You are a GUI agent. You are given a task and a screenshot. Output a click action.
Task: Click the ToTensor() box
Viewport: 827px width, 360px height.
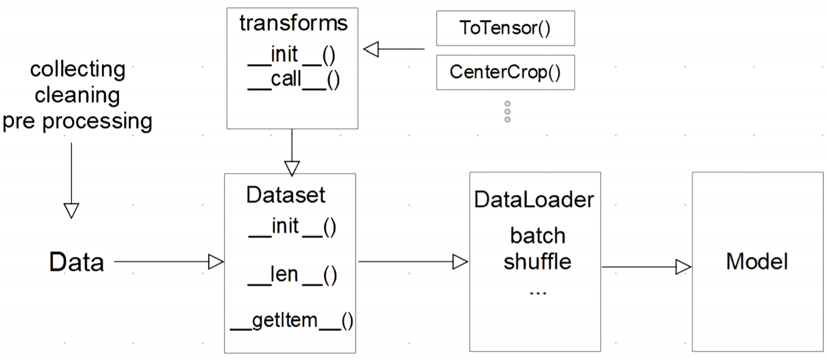(x=505, y=29)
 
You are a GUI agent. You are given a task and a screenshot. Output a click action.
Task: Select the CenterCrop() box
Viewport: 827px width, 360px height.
(x=505, y=72)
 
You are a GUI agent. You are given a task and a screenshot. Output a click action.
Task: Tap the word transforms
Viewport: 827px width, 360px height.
(x=293, y=23)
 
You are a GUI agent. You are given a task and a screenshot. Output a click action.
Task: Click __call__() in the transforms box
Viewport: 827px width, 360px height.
(x=293, y=80)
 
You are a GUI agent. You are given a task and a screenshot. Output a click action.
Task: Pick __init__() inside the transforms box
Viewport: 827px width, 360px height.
(x=293, y=55)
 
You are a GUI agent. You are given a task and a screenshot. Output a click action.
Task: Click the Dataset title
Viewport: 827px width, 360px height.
(x=286, y=195)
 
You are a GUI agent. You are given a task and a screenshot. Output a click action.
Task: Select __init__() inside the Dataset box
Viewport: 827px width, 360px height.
(x=292, y=227)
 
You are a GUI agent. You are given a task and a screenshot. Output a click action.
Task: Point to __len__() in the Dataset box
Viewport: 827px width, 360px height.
(x=292, y=275)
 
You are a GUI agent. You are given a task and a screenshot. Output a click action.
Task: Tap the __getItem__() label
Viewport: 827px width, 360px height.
(x=291, y=321)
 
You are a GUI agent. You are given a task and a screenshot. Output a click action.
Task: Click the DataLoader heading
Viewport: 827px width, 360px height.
(x=534, y=200)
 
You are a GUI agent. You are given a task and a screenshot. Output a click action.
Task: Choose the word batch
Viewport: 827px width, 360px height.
(x=537, y=235)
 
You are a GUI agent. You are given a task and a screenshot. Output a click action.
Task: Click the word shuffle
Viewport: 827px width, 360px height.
(x=537, y=262)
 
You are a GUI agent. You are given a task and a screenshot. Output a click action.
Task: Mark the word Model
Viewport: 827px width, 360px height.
(x=757, y=262)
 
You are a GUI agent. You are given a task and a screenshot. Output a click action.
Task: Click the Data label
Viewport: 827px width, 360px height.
(x=76, y=263)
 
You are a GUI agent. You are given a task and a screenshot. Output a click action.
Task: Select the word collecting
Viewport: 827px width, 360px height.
(x=78, y=70)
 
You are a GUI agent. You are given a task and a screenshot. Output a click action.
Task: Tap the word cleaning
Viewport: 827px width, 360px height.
(x=78, y=95)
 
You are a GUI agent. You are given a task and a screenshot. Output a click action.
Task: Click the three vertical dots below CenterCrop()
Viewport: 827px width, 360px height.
(x=507, y=111)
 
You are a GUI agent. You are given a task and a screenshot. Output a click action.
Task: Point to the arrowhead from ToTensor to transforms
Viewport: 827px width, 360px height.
(x=371, y=50)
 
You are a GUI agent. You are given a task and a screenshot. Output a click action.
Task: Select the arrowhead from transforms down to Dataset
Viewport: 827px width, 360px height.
(x=291, y=167)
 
